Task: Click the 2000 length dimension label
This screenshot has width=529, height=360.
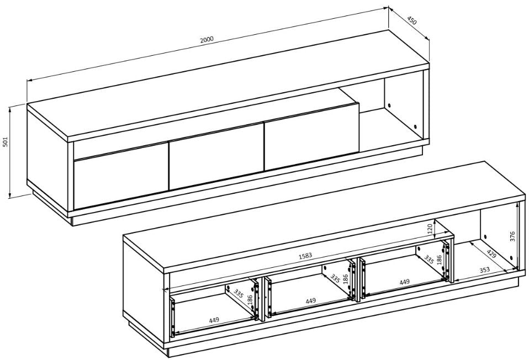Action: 207,39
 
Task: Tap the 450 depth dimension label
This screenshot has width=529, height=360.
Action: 412,20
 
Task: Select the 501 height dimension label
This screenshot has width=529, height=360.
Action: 5,142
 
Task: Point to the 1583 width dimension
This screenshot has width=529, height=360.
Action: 305,256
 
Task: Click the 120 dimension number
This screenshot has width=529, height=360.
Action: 430,229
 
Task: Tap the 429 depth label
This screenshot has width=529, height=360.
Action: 491,254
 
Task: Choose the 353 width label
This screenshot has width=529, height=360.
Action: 484,270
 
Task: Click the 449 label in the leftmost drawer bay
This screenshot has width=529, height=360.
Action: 214,320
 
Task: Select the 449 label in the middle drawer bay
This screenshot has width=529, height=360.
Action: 310,300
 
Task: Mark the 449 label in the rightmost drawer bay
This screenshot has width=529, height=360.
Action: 404,282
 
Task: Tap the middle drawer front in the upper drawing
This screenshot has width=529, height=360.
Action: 216,156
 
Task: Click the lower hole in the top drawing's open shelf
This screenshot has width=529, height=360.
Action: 415,126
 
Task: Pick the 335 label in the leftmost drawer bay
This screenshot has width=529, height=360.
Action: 238,294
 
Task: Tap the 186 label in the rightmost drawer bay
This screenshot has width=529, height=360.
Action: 439,260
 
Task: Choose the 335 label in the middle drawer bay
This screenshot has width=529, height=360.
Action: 335,278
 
